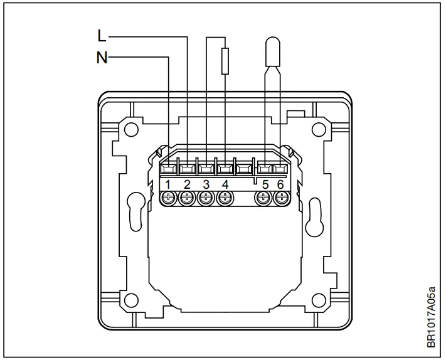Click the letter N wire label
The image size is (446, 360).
coord(102,58)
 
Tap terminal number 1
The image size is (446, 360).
coord(168,184)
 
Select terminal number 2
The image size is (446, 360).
coord(187,184)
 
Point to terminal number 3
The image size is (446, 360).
coord(206,184)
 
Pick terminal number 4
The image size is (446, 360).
coord(225,184)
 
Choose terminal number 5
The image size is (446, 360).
coord(265,184)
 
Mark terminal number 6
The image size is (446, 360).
coord(280,184)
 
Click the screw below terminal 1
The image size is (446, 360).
coord(168,199)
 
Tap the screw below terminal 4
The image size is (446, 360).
coord(225,199)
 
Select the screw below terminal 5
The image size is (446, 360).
coord(263,199)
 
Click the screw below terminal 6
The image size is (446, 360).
coord(280,199)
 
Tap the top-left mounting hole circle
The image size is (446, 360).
coord(130,130)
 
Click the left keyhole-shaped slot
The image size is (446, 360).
coord(134,211)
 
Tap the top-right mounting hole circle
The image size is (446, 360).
coord(318,130)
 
